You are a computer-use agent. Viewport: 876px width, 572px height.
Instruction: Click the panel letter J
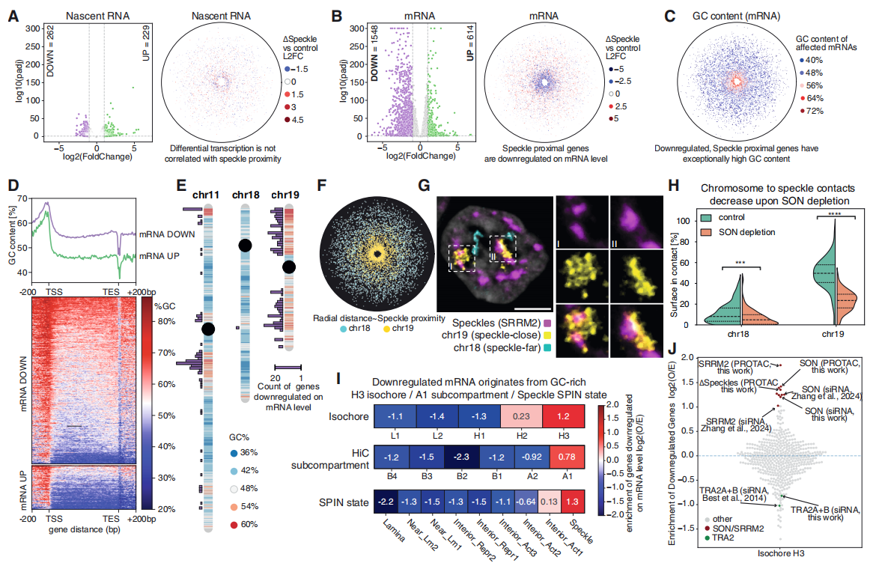tap(672, 349)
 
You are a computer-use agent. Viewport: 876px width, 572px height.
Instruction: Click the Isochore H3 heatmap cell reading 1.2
tap(563, 417)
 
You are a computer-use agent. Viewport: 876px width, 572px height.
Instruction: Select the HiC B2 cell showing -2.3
tap(461, 457)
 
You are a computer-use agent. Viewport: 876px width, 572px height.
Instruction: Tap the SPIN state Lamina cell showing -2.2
tap(386, 502)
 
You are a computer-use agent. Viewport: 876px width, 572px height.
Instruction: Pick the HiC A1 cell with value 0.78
tap(567, 457)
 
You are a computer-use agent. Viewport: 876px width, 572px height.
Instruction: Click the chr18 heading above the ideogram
tap(246, 195)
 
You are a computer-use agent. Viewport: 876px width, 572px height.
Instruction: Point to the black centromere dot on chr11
tap(208, 329)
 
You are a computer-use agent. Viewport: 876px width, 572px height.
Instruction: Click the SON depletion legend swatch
tap(707, 232)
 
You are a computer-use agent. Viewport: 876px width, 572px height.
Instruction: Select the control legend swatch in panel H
tap(707, 217)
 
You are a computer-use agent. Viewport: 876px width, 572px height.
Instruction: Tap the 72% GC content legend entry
tap(811, 111)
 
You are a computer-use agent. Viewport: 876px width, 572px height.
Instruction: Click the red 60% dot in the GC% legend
tap(234, 525)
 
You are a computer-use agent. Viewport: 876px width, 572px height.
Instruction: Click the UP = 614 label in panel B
tap(470, 43)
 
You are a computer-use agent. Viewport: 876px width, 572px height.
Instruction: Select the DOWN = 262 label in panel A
tap(50, 51)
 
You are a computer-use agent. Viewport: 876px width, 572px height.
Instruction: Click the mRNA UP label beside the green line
tap(159, 256)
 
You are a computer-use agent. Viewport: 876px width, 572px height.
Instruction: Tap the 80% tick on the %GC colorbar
tap(165, 322)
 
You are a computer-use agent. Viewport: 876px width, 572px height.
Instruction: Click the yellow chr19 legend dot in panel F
tap(386, 329)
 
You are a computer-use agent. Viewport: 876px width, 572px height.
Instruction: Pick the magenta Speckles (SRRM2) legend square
tap(547, 323)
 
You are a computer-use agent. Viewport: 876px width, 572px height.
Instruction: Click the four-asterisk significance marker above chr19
tap(836, 213)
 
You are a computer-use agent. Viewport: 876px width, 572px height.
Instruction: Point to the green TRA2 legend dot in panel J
tap(707, 538)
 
